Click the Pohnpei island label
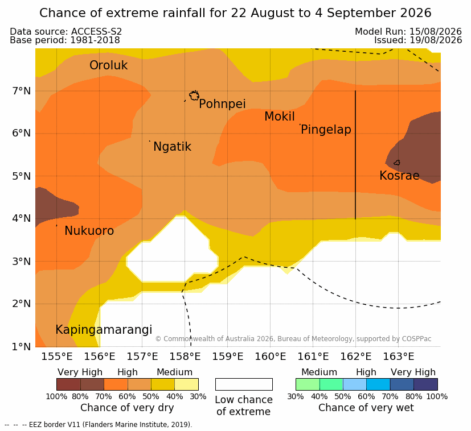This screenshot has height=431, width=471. coord(222,104)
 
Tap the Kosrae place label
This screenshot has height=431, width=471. coord(399,176)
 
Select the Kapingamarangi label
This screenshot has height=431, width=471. coord(104,330)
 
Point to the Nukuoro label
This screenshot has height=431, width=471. coord(89,231)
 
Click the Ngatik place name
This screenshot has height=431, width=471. coord(173,147)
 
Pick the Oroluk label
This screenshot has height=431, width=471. coord(108,65)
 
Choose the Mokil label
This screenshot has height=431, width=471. coord(280,117)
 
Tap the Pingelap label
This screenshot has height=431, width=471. coord(326,130)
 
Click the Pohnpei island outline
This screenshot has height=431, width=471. coord(194,96)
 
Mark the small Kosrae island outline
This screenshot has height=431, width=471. coord(397,163)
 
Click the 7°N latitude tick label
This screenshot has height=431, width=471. coord(21,90)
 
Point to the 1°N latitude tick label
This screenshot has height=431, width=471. coord(21,347)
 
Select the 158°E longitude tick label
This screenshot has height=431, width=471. coord(185,357)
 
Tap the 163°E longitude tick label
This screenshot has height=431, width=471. coord(398,357)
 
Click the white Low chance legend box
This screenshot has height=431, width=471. coord(244,384)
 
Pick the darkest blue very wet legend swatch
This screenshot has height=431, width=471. coord(425,384)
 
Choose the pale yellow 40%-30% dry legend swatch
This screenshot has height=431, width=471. coord(187,384)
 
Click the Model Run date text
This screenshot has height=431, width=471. coord(408,31)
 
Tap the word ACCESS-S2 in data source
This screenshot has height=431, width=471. coord(96,31)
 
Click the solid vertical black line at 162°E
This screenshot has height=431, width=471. coord(355,155)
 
